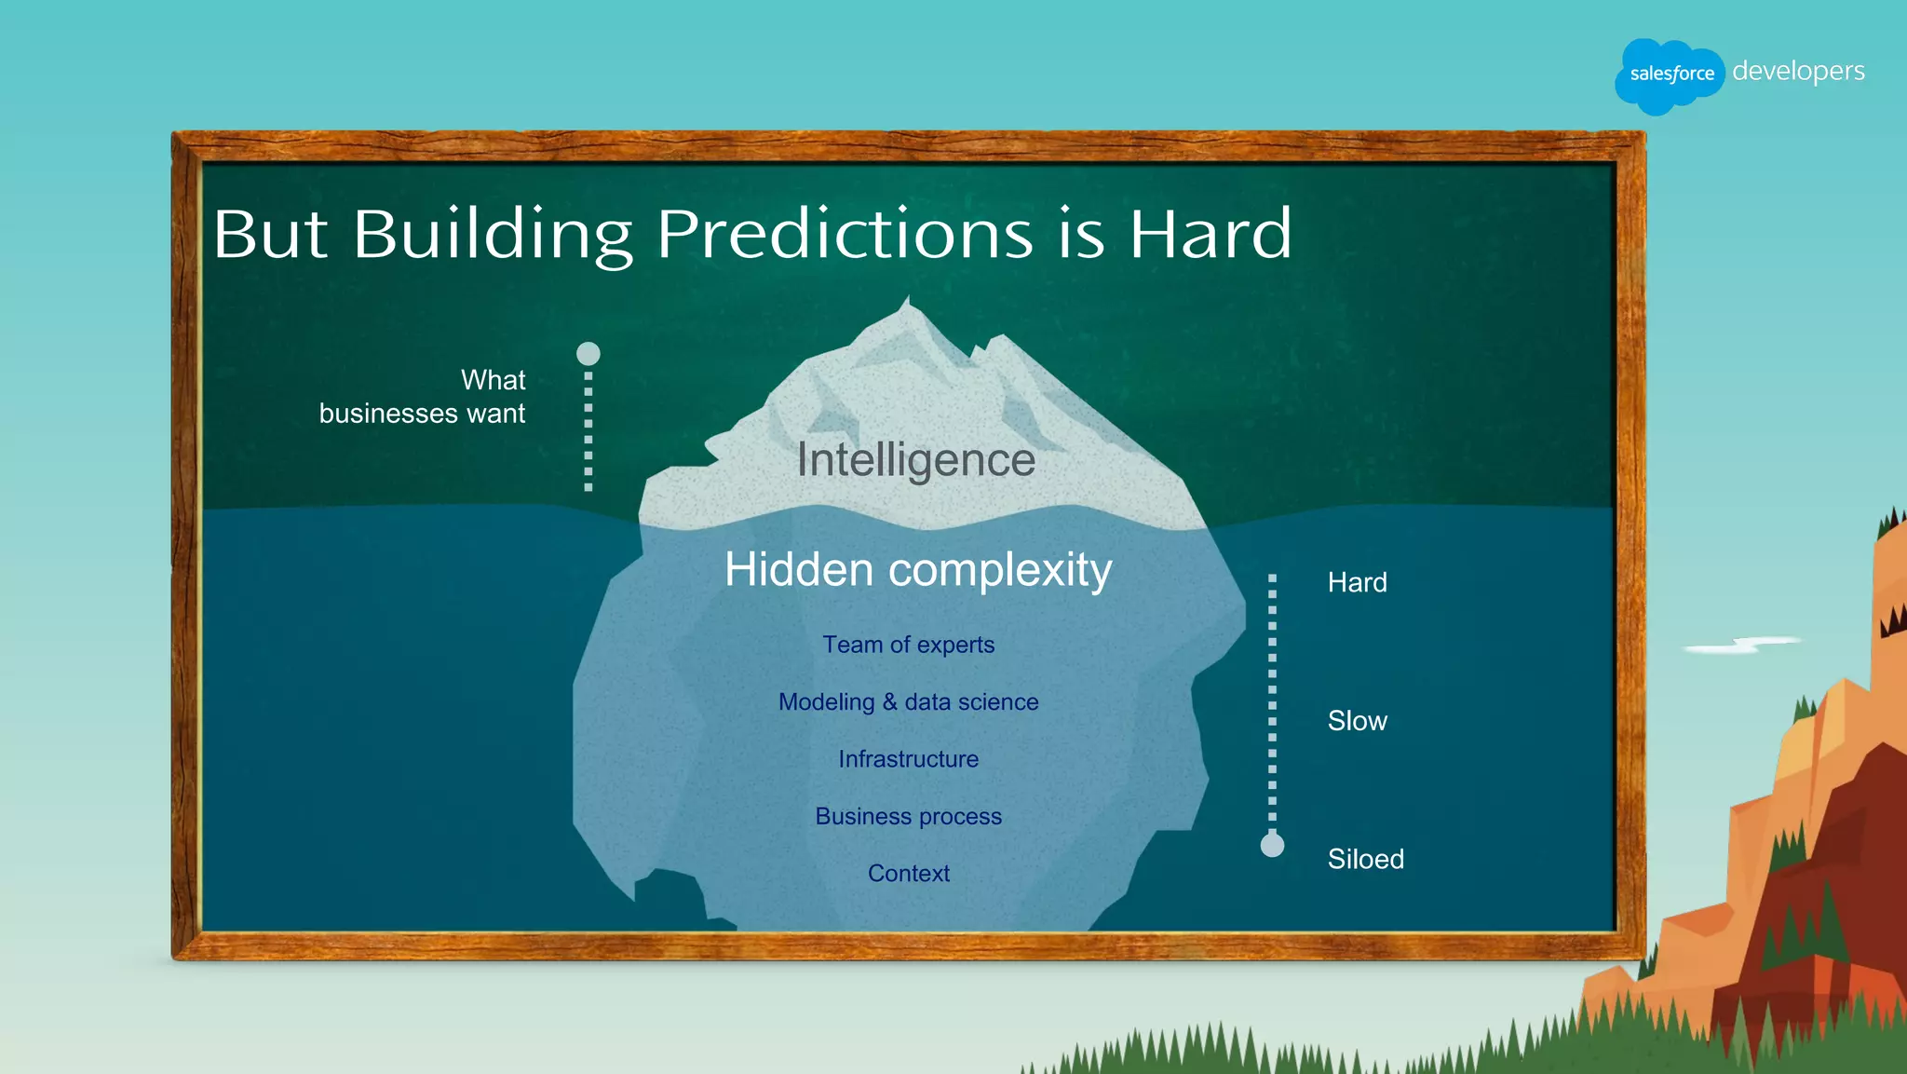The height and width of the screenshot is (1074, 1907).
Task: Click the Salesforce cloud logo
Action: (x=1670, y=75)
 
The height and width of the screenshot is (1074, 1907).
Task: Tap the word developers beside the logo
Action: (x=1798, y=71)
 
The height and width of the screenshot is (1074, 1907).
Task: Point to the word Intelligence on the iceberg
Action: (x=915, y=459)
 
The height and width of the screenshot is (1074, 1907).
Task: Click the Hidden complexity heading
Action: (x=918, y=569)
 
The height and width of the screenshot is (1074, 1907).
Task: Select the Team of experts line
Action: (x=908, y=645)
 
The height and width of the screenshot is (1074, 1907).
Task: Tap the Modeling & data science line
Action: (x=908, y=701)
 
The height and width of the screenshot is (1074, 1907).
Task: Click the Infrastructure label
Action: (x=908, y=759)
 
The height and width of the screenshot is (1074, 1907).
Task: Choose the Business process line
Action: (x=908, y=816)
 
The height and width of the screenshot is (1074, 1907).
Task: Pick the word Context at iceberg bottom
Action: (x=908, y=873)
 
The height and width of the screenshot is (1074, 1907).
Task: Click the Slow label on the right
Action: (x=1357, y=721)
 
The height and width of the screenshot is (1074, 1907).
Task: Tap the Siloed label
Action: (x=1365, y=859)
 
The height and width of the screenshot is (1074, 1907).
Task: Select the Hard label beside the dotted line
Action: (x=1357, y=582)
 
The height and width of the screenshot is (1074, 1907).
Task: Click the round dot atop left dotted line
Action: (x=588, y=354)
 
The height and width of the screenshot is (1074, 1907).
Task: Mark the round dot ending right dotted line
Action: (x=1272, y=845)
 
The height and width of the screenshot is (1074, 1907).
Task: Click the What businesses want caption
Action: (x=424, y=397)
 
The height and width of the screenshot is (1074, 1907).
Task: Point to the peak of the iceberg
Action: (x=908, y=303)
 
